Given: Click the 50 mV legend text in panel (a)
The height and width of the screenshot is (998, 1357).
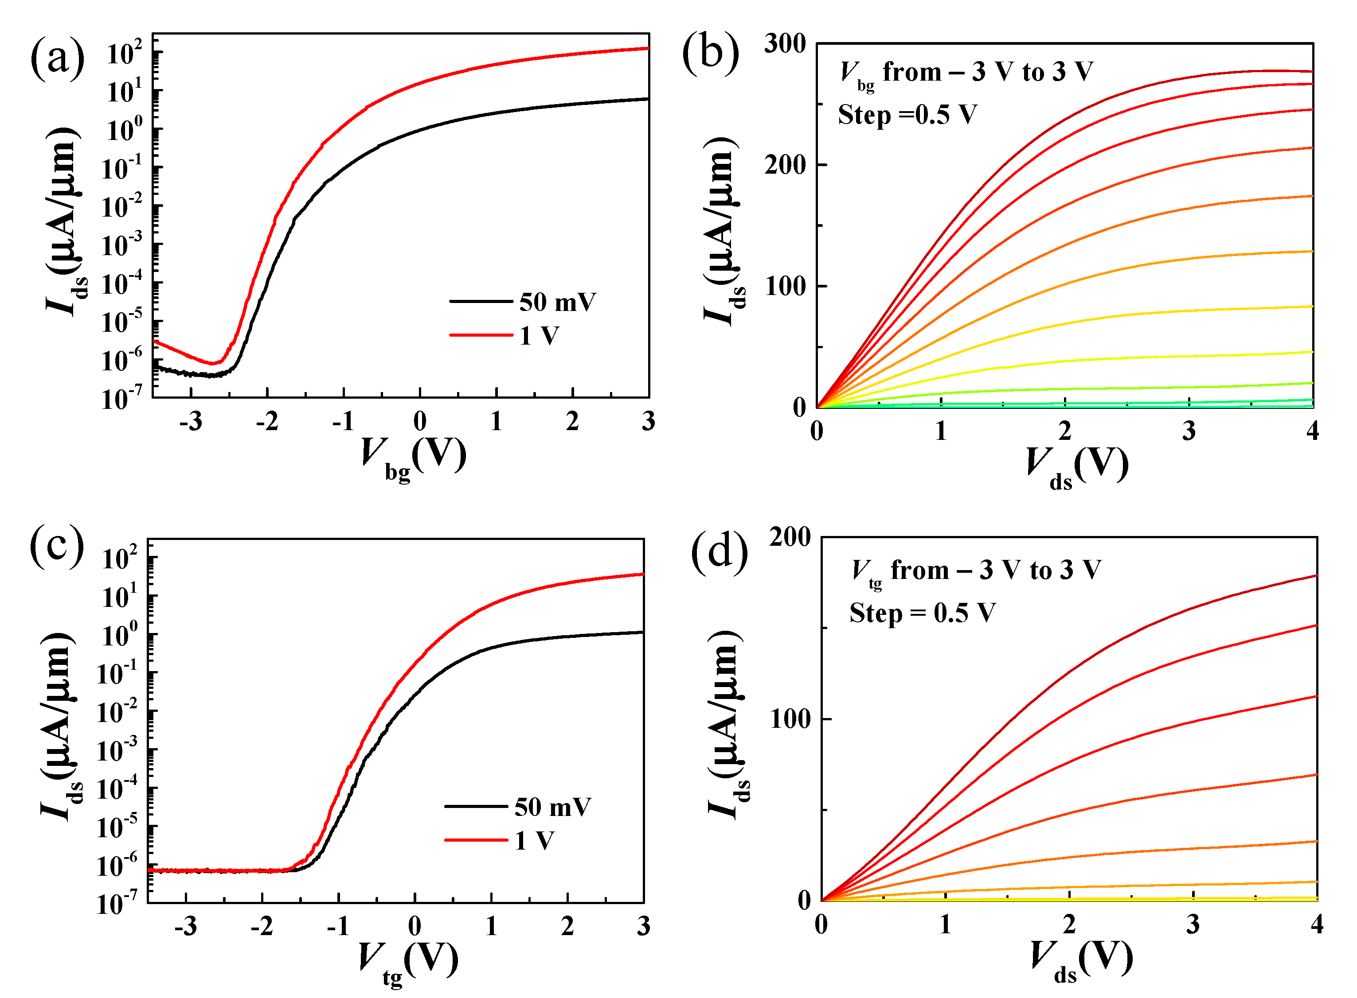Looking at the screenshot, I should (x=557, y=302).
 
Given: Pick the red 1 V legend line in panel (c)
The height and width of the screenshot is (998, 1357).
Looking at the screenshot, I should (x=476, y=840).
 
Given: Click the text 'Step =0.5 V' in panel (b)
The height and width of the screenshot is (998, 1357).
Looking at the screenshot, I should (x=907, y=115).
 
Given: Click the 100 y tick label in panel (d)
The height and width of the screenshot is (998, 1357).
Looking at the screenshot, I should (x=790, y=719).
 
